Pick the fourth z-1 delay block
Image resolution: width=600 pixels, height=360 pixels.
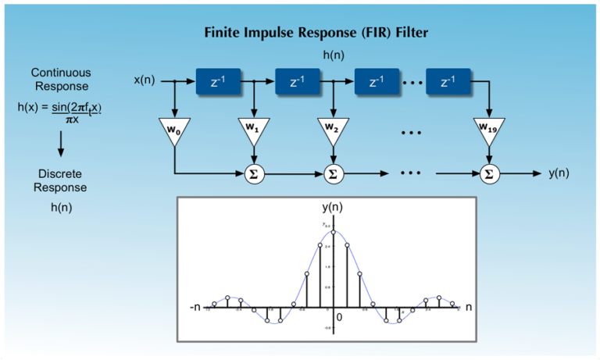[x=448, y=81]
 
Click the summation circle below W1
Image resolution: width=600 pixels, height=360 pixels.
[x=253, y=173]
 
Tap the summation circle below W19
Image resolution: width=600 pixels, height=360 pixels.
[x=489, y=173]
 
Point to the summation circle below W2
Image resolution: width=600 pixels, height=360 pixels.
[x=332, y=173]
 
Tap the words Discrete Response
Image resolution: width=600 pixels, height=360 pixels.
[x=62, y=180]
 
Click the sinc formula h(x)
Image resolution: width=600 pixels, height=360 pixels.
[x=60, y=112]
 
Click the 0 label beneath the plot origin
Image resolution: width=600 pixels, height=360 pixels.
[x=339, y=318]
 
